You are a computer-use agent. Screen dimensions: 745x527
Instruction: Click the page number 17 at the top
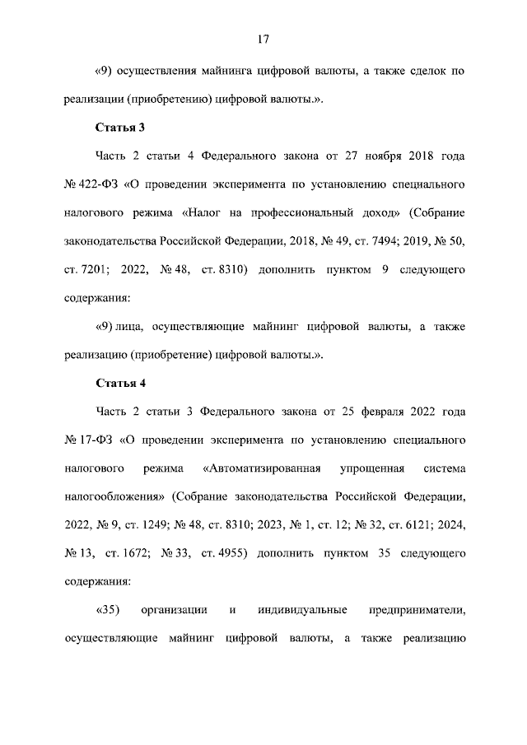263,39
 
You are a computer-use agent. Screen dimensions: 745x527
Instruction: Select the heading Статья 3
120,128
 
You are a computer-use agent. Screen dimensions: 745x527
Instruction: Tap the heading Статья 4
120,383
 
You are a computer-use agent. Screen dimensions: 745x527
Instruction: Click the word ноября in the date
367,156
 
